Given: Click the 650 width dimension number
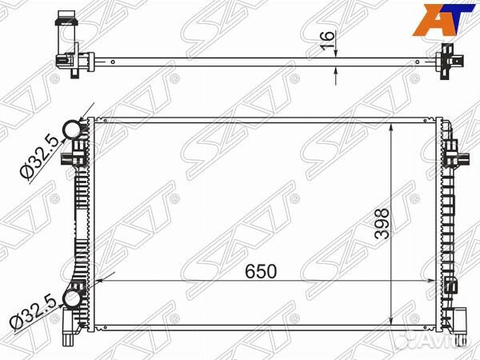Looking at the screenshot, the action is (261, 271).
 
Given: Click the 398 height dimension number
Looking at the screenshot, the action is (382, 223).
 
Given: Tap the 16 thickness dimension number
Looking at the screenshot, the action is (327, 41).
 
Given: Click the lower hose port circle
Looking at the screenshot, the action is (73, 299).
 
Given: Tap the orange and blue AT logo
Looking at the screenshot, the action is (443, 19).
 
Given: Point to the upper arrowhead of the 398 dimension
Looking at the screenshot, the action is (392, 128).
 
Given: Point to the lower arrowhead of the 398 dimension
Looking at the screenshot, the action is (392, 319).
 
